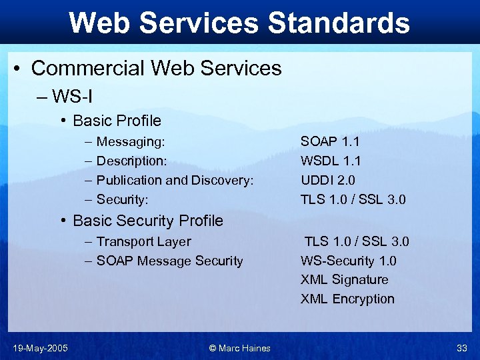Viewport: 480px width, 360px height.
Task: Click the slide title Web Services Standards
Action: (x=239, y=23)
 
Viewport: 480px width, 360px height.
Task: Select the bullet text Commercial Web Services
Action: (x=156, y=68)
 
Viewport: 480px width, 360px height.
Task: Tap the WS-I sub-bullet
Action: (x=72, y=97)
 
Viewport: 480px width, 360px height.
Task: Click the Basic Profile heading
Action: (x=117, y=121)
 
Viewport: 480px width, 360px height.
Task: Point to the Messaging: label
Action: (x=131, y=141)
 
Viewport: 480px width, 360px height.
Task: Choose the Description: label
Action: (x=132, y=161)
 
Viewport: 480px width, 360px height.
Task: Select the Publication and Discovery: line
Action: (x=175, y=180)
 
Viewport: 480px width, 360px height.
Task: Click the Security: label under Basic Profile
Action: (x=122, y=199)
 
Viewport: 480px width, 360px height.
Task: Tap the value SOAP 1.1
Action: (x=330, y=141)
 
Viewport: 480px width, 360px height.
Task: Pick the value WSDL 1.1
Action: (x=331, y=161)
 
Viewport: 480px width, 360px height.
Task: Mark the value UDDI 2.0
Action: (x=327, y=180)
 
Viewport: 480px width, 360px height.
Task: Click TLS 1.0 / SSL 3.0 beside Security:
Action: (x=353, y=199)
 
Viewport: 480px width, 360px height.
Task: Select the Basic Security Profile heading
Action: (x=148, y=221)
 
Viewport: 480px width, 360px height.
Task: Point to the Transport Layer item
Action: (x=143, y=241)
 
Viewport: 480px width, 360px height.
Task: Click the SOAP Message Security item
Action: (x=169, y=261)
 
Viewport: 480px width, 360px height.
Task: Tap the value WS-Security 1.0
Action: (x=348, y=261)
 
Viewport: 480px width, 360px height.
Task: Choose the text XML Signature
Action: (x=344, y=279)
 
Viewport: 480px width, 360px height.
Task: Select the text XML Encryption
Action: (x=347, y=299)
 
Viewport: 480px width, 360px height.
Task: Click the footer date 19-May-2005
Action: (x=40, y=347)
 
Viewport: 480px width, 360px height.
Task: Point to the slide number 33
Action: (x=461, y=347)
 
